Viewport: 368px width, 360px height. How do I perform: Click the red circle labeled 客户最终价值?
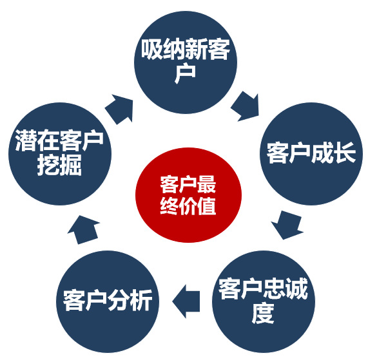pos(188,195)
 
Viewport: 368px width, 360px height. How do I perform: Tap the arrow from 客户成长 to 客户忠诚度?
pos(288,225)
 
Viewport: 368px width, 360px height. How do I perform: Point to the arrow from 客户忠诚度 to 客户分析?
pos(186,301)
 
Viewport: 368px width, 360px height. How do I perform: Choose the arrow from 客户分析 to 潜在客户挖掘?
pos(83,230)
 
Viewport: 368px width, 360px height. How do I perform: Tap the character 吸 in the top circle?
pos(152,49)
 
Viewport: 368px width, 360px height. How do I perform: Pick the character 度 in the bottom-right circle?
pos(263,314)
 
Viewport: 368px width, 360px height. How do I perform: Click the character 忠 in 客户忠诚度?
pos(275,289)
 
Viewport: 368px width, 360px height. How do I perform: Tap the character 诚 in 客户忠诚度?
pos(296,289)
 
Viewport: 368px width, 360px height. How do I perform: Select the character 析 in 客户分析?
pos(141,301)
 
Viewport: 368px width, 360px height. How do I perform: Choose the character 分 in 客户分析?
pos(119,301)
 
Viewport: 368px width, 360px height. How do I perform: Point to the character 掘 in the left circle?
pos(71,165)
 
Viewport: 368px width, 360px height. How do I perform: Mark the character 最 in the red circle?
pos(206,184)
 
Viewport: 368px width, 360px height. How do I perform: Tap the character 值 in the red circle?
pos(206,206)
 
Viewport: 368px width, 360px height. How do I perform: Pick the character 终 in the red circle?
pos(169,206)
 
